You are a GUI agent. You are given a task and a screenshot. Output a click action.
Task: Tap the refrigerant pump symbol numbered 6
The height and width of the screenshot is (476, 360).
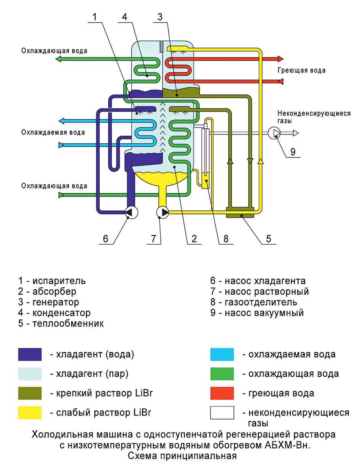pyautogui.click(x=131, y=212)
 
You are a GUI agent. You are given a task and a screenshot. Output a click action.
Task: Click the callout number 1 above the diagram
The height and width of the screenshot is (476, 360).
pyautogui.click(x=95, y=17)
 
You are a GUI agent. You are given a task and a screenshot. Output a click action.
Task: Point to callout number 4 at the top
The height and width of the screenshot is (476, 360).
pyautogui.click(x=124, y=17)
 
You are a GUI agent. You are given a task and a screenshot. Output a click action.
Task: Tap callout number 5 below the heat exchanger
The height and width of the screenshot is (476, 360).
pyautogui.click(x=268, y=239)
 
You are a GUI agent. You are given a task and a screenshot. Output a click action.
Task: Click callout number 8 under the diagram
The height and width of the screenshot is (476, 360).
pyautogui.click(x=226, y=239)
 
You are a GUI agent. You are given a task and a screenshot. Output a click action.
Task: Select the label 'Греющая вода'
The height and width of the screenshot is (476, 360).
pyautogui.click(x=301, y=70)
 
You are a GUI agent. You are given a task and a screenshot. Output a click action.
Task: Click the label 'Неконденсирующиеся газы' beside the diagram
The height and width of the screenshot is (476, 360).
pyautogui.click(x=314, y=117)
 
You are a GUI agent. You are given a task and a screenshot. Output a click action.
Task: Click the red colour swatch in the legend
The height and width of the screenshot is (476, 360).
pyautogui.click(x=222, y=393)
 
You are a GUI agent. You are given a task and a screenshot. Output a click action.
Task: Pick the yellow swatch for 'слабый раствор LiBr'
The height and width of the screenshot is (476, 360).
pyautogui.click(x=30, y=412)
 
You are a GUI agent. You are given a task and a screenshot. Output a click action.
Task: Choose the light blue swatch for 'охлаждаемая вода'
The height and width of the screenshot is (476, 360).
pyautogui.click(x=222, y=354)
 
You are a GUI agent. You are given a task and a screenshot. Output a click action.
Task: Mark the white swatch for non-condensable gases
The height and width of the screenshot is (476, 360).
pyautogui.click(x=222, y=412)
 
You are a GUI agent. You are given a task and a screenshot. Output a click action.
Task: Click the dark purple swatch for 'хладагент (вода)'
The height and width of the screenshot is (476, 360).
pyautogui.click(x=30, y=354)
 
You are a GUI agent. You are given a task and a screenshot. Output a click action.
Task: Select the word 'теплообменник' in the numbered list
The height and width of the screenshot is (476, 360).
pyautogui.click(x=68, y=323)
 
